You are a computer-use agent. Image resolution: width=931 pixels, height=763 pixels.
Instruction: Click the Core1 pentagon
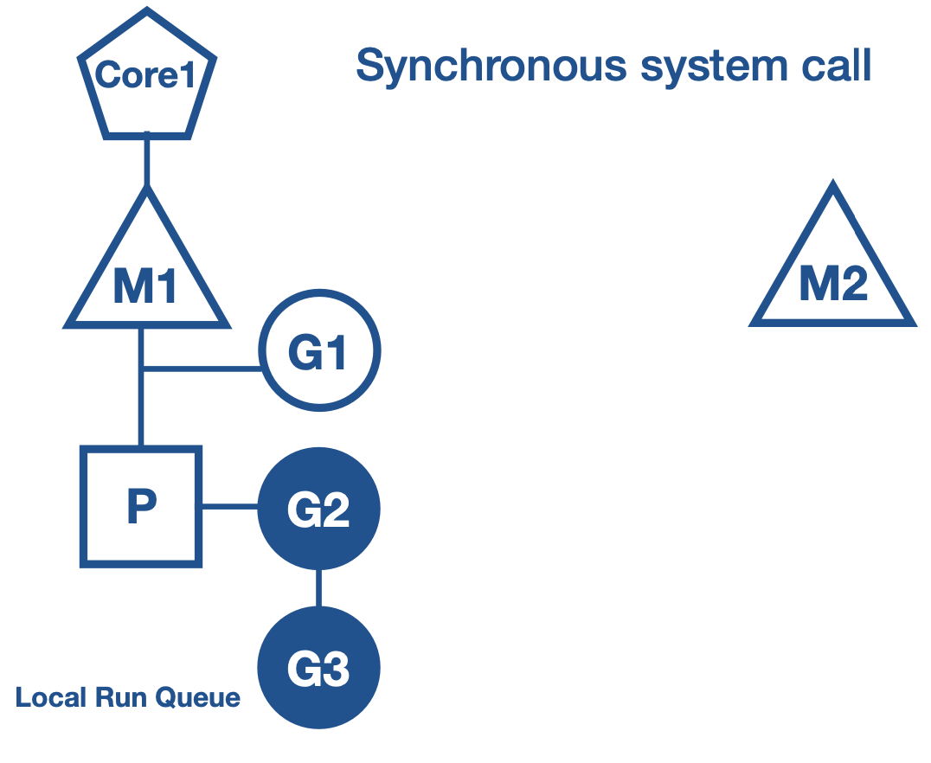[146, 77]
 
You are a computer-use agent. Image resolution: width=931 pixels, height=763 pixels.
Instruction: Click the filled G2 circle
[318, 509]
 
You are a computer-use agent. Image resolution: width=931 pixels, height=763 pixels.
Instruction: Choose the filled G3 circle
[318, 668]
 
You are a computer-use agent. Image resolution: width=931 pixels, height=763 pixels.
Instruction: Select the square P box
[141, 507]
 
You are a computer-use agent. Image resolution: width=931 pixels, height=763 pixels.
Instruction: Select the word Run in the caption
[109, 697]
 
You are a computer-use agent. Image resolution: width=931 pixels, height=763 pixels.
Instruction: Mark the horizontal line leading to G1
[203, 369]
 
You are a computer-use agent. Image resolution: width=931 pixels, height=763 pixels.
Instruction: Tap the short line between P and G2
[230, 507]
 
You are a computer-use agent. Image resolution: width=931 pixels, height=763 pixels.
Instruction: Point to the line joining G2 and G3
[318, 588]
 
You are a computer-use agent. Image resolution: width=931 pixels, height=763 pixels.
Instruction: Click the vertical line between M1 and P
[141, 407]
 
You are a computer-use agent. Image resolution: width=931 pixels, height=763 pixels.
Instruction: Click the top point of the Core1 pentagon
[147, 13]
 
